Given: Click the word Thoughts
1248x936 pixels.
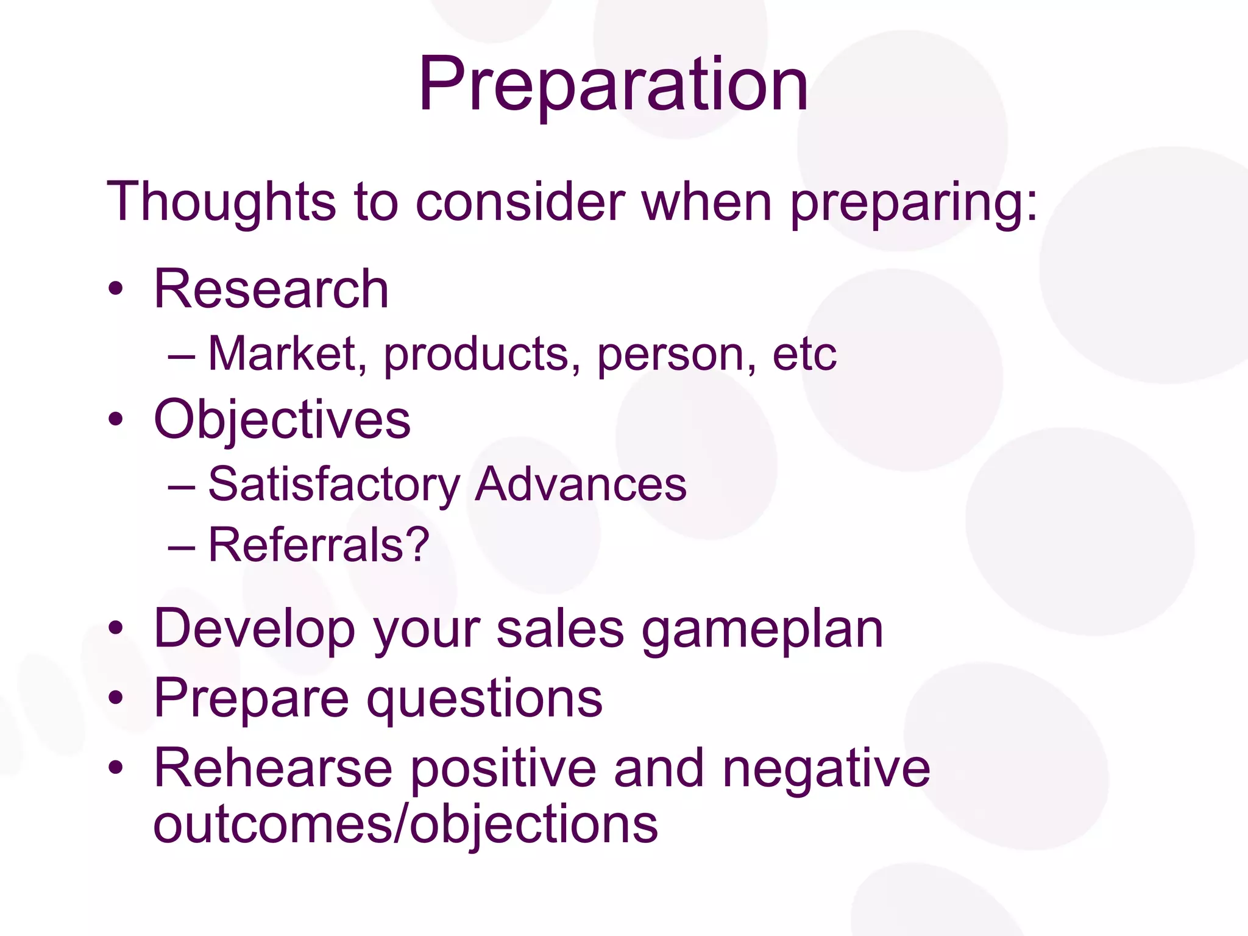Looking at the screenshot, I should [x=221, y=201].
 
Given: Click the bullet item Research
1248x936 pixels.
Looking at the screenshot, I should [x=271, y=289].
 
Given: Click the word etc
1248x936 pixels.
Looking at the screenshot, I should [x=804, y=355].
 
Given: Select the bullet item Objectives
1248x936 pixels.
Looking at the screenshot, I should [x=282, y=420].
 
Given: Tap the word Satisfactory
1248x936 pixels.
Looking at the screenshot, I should [x=334, y=485].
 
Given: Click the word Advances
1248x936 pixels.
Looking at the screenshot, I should [x=580, y=485].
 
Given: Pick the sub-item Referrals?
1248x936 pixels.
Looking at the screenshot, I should [x=319, y=545].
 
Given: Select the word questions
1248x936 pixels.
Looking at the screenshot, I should [x=484, y=700].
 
